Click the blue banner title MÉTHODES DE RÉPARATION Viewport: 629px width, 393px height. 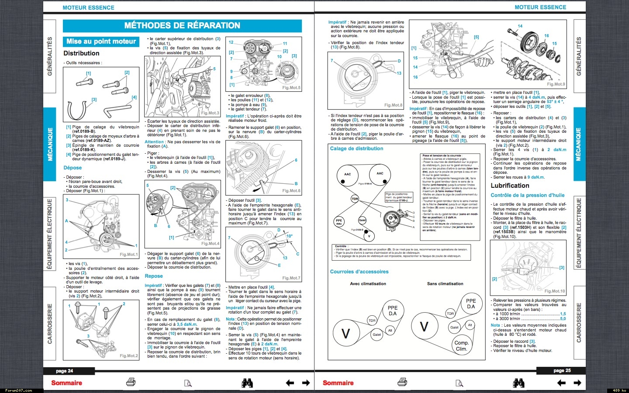point(182,26)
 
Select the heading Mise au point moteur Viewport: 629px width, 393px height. point(101,41)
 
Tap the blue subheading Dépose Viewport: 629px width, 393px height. point(73,168)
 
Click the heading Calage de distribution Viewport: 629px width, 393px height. point(356,148)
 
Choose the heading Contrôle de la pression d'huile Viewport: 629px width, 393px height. point(527,195)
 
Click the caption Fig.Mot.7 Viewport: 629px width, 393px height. point(291,278)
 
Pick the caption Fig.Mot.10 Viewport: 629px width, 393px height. point(554,291)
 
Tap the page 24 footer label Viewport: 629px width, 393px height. point(65,371)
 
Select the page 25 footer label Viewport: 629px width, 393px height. point(562,371)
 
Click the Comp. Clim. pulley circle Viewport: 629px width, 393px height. point(461,345)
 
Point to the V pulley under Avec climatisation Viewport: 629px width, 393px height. point(346,334)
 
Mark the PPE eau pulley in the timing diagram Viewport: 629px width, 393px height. point(339,222)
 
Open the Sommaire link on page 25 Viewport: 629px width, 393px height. point(338,383)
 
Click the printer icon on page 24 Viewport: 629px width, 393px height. point(131,383)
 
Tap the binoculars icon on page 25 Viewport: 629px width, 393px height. point(518,383)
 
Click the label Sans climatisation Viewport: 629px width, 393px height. point(445,284)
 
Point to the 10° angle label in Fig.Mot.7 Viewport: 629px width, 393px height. point(289,236)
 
